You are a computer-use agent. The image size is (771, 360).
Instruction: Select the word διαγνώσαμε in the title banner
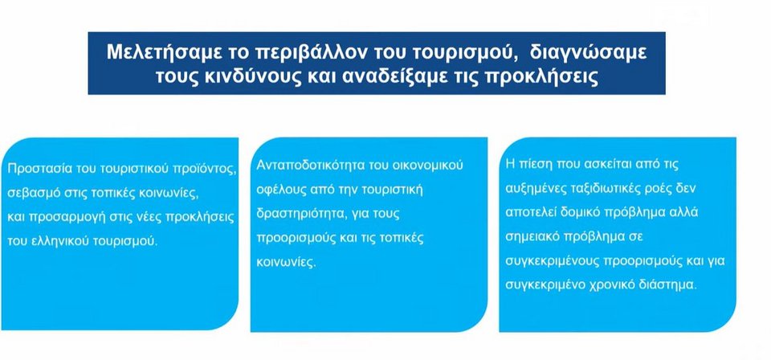tap(588, 53)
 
